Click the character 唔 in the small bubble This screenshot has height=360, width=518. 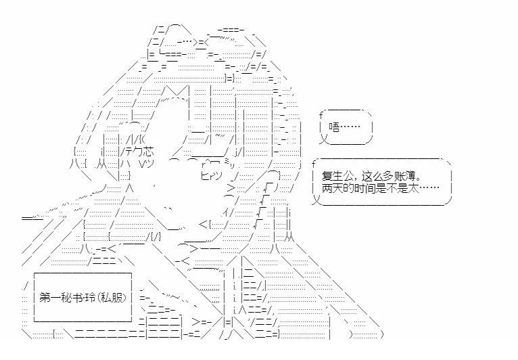(x=334, y=127)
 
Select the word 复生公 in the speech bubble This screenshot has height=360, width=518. (x=337, y=175)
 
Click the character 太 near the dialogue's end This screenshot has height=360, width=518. (x=414, y=187)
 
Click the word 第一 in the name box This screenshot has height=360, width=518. (x=49, y=298)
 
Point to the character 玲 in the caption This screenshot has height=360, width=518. (x=89, y=298)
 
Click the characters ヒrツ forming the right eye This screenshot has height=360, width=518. (x=212, y=175)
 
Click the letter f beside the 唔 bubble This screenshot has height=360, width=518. (x=321, y=115)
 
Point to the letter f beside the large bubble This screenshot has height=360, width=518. (x=314, y=164)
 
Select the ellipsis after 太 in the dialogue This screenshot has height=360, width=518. (x=429, y=187)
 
